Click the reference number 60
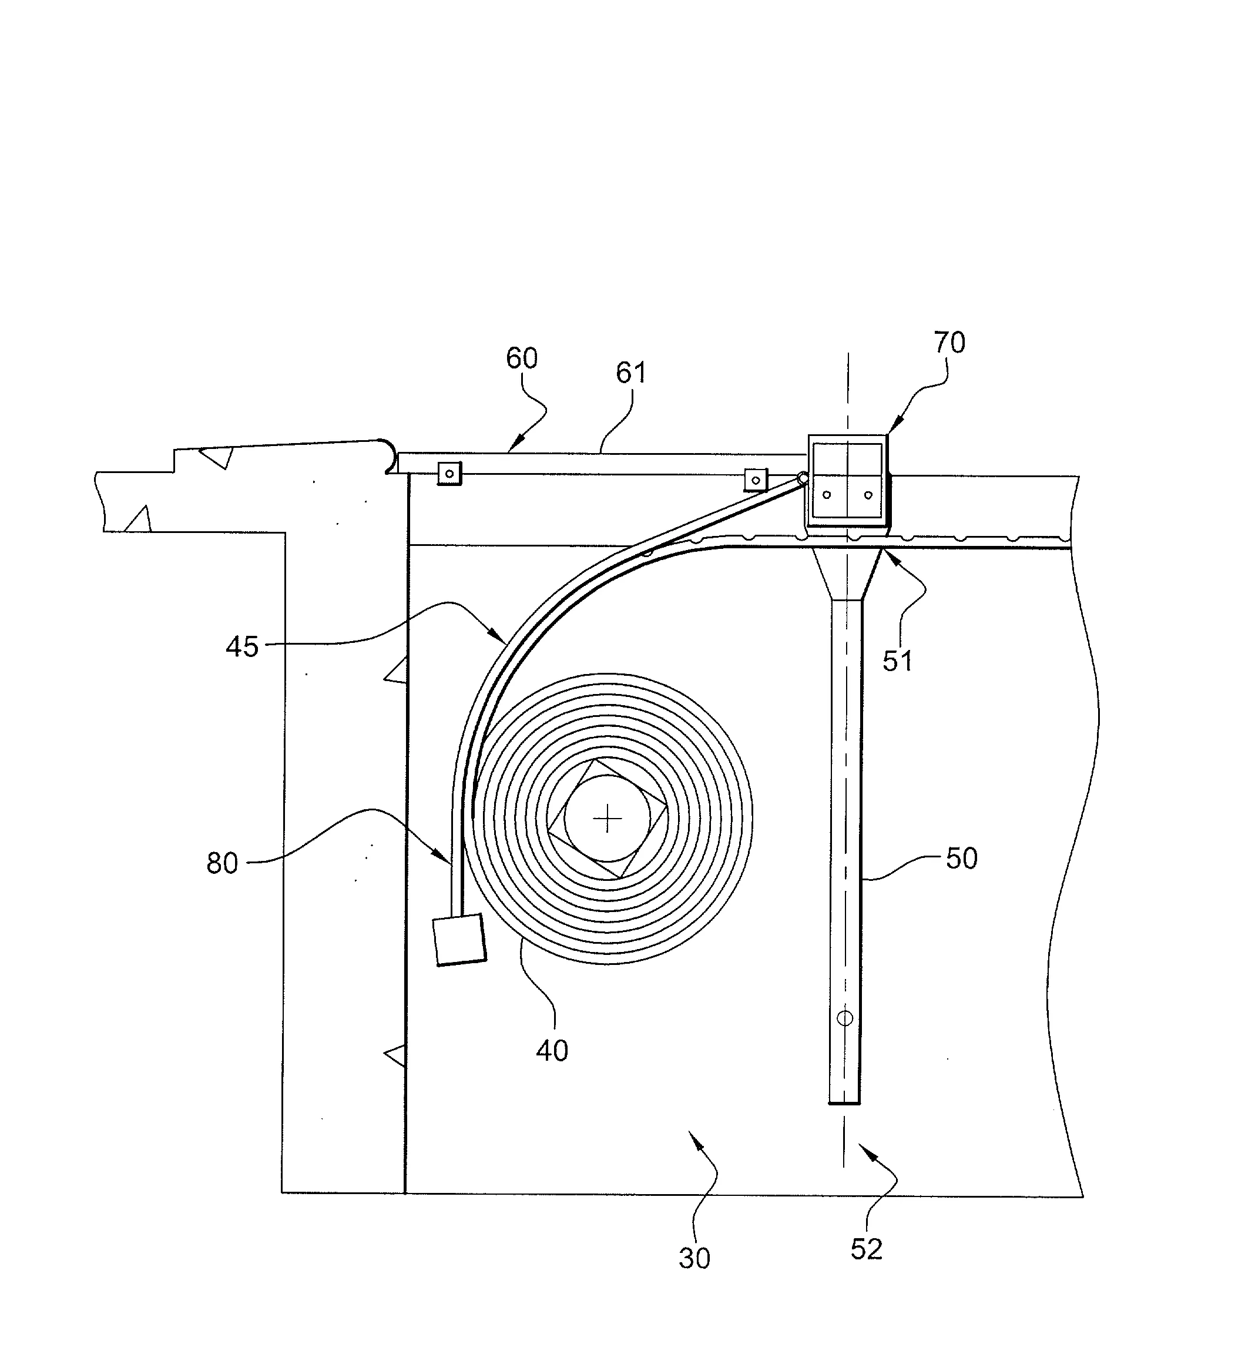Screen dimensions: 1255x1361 pyautogui.click(x=522, y=358)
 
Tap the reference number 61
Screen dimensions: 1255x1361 pyautogui.click(x=631, y=373)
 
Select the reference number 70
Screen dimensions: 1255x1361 pyautogui.click(x=949, y=343)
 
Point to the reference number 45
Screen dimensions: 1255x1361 pyautogui.click(x=241, y=646)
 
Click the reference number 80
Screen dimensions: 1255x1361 pyautogui.click(x=222, y=863)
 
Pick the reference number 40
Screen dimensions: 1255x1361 pyautogui.click(x=552, y=1051)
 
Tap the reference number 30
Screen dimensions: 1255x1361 pyautogui.click(x=694, y=1258)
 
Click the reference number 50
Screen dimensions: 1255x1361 pyautogui.click(x=962, y=859)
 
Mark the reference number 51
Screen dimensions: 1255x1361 pyautogui.click(x=897, y=661)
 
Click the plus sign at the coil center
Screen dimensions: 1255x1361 pyautogui.click(x=607, y=820)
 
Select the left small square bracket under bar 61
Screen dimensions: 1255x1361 pyautogui.click(x=449, y=474)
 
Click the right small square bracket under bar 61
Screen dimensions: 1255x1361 pyautogui.click(x=756, y=480)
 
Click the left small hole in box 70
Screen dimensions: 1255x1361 pyautogui.click(x=827, y=495)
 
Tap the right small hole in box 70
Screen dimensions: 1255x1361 pyautogui.click(x=868, y=495)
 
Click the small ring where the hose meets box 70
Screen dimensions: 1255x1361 pyautogui.click(x=803, y=478)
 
